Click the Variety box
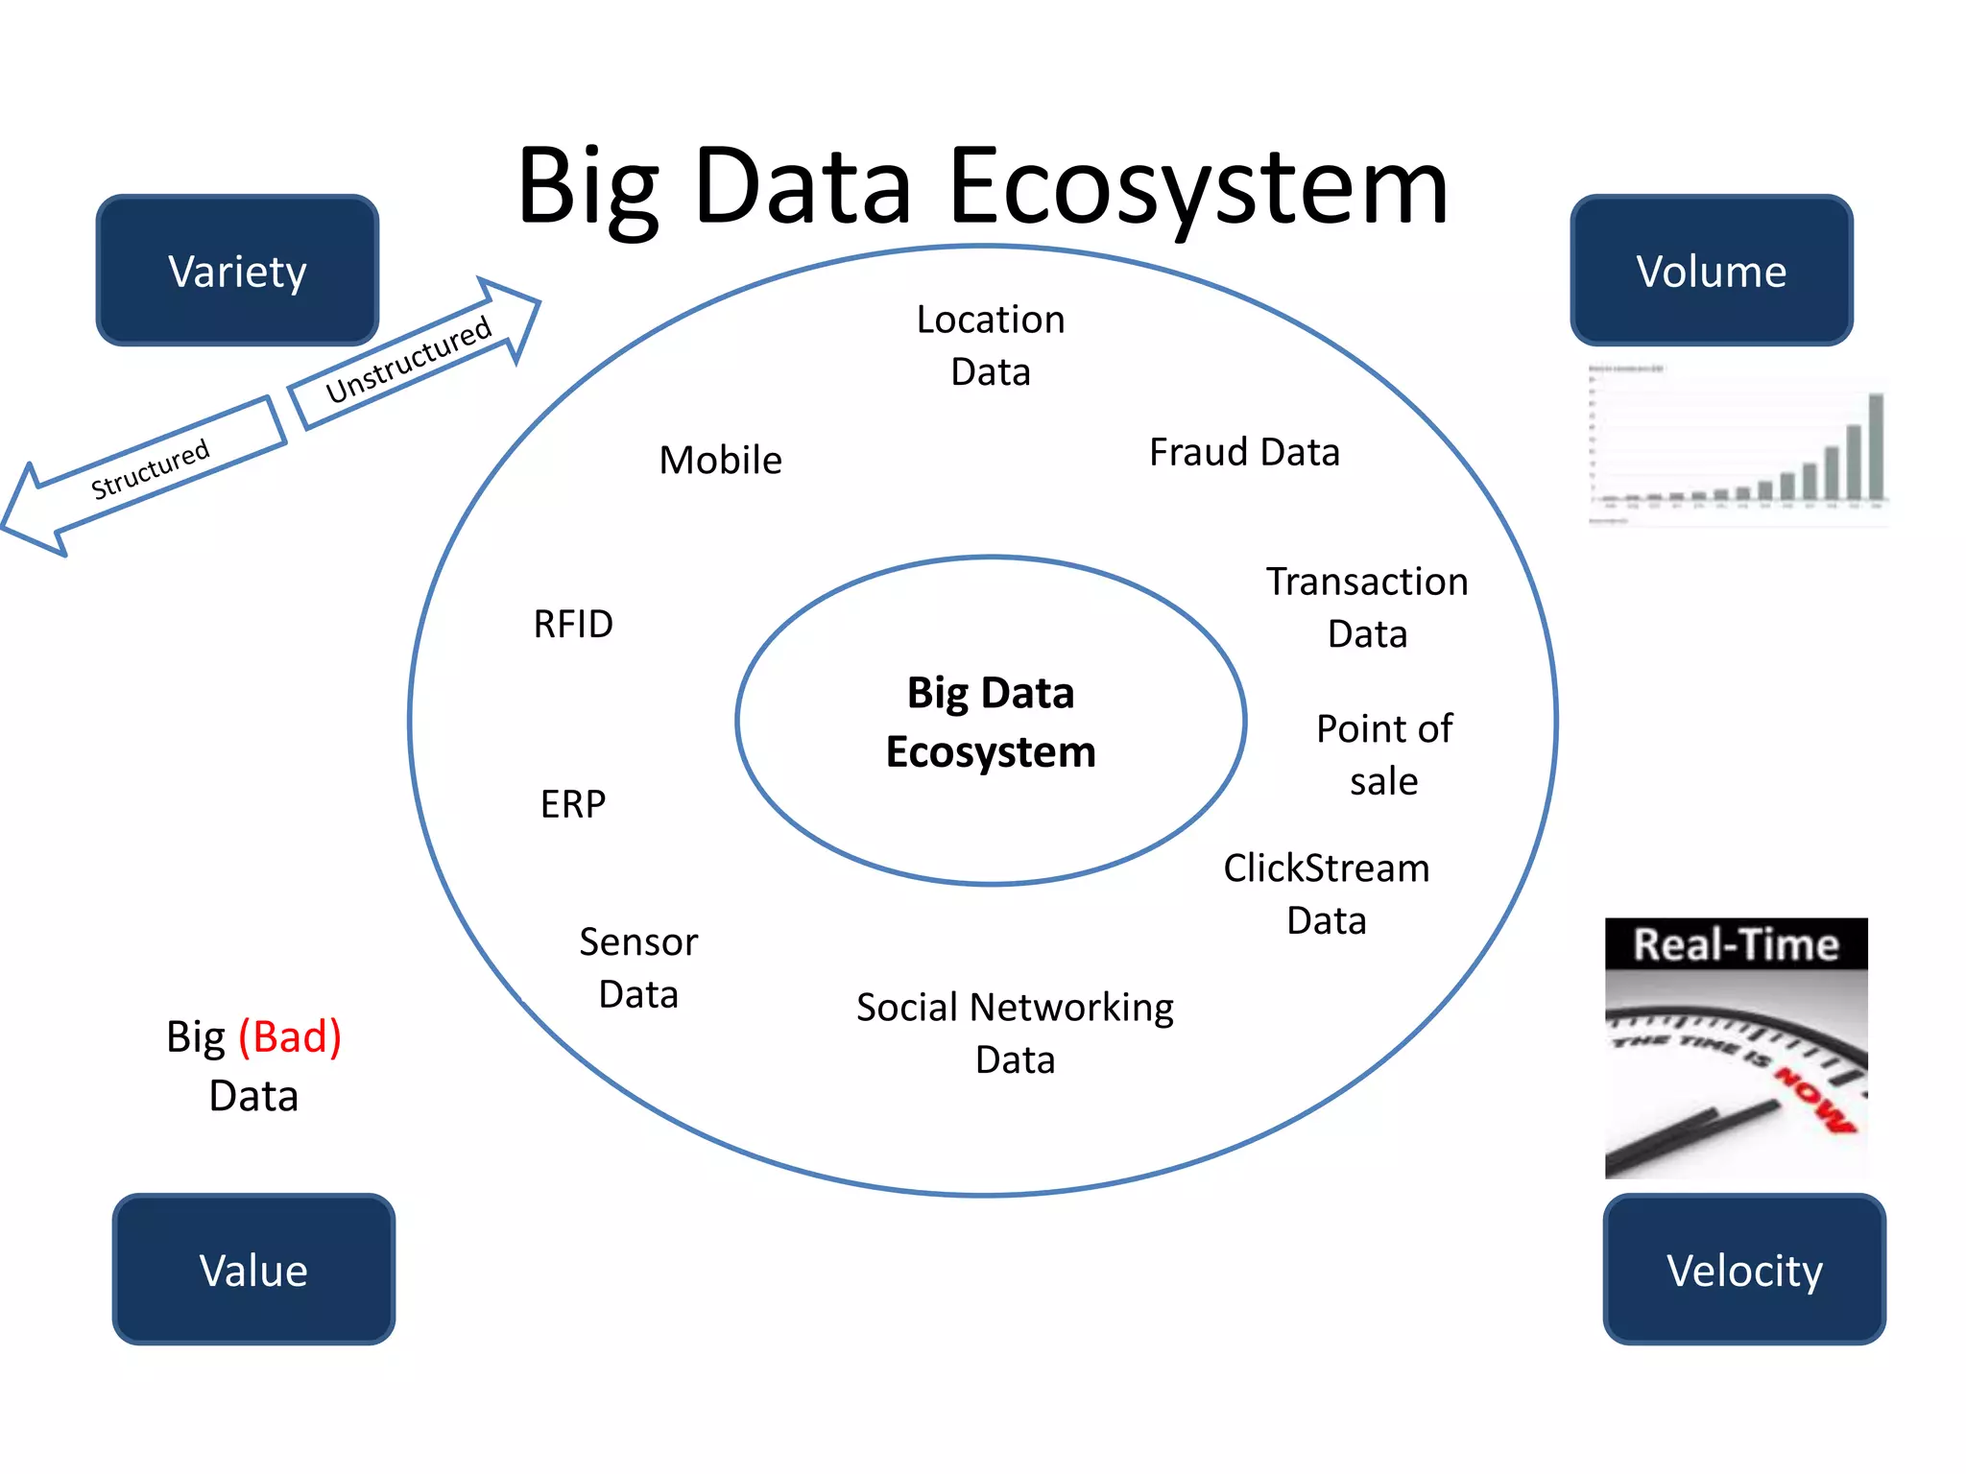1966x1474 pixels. (x=237, y=271)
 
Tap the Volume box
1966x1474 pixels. (x=1711, y=271)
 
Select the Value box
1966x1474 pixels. (x=253, y=1269)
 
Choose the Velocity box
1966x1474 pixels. (x=1743, y=1269)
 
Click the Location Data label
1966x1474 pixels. (x=991, y=345)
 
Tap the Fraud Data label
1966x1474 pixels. (x=1244, y=452)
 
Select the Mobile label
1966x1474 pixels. (x=720, y=460)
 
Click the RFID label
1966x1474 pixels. (x=573, y=624)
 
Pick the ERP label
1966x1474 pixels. (x=573, y=803)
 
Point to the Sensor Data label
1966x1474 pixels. (x=638, y=967)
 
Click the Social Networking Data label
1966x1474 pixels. (x=1015, y=1033)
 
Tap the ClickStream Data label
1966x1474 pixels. (x=1327, y=893)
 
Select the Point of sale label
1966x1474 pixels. (x=1383, y=754)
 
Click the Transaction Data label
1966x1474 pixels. (x=1367, y=606)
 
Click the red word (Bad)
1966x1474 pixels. (x=290, y=1037)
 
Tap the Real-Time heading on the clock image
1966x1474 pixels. (x=1736, y=944)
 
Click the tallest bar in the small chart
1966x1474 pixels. (x=1876, y=445)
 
